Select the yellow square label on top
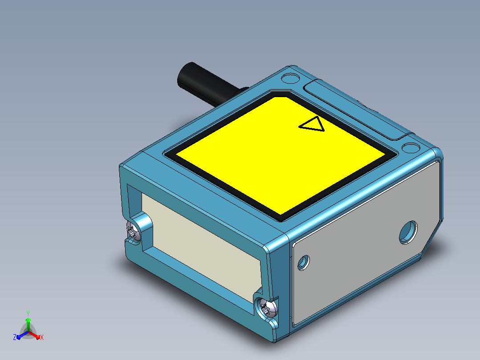280,155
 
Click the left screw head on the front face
134,231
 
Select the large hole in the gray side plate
408,233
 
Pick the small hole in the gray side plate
303,262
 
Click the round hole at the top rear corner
290,78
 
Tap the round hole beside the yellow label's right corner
411,147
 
